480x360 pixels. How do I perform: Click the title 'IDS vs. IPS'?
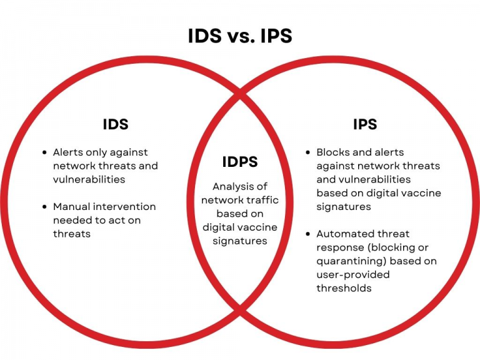coord(240,36)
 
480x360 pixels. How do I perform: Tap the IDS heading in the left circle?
coord(116,124)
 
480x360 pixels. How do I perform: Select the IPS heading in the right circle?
coord(365,124)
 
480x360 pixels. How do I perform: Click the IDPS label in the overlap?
coord(240,162)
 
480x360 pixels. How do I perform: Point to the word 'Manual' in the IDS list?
coord(70,206)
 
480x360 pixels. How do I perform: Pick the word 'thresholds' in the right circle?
coord(344,288)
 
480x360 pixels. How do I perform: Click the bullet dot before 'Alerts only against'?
coord(44,152)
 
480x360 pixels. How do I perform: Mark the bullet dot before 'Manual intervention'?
coord(44,207)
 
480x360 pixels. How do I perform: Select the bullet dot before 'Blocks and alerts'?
coord(308,152)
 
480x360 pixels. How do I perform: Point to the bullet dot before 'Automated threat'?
coord(308,234)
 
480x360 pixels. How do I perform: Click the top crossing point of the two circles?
coord(240,96)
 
